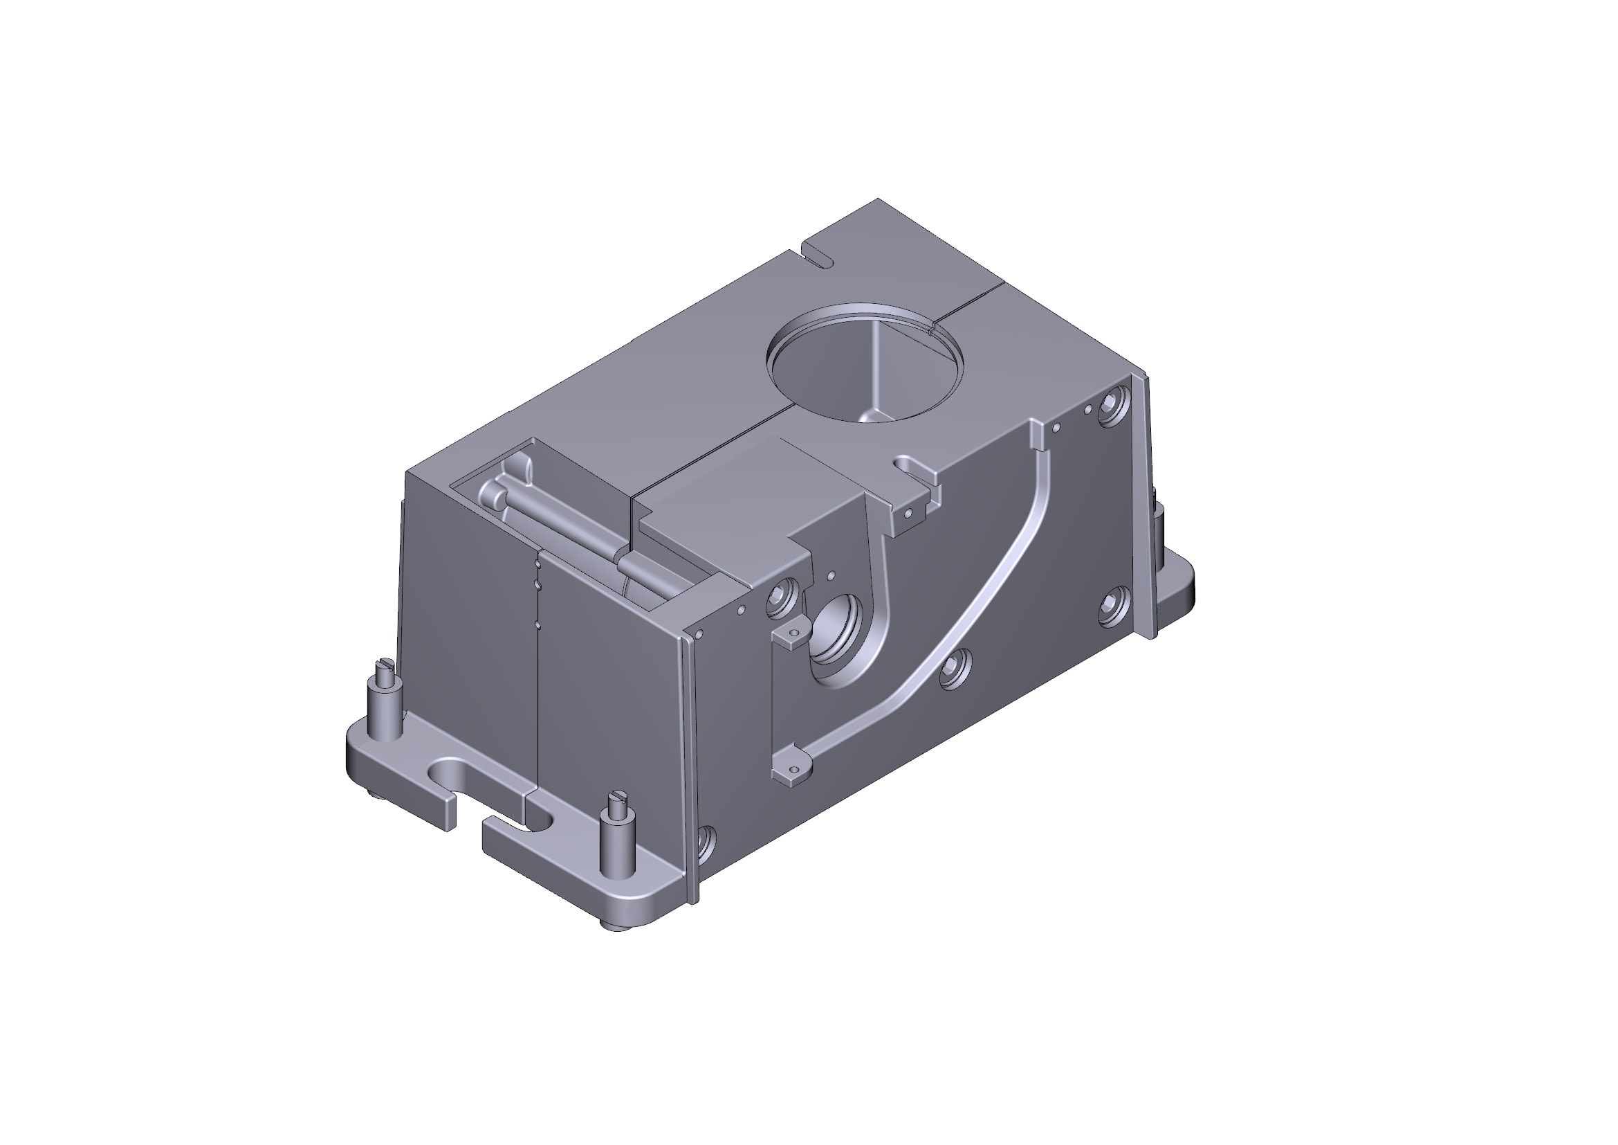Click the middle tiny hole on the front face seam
tap(537, 583)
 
